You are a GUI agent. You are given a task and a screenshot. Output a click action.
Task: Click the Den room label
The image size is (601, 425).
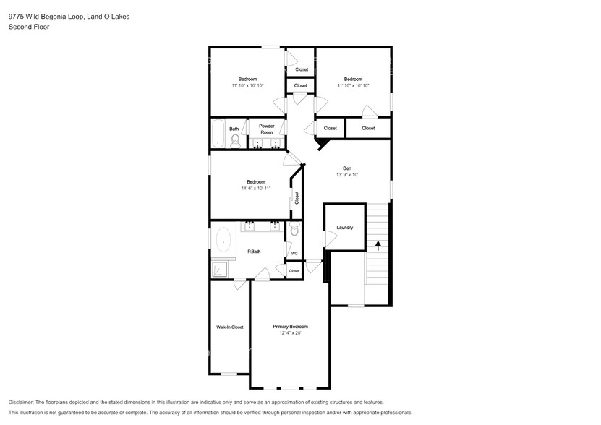(346, 168)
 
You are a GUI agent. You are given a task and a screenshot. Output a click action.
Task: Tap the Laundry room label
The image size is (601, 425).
(345, 228)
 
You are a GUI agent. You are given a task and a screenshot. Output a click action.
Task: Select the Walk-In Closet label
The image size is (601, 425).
(229, 327)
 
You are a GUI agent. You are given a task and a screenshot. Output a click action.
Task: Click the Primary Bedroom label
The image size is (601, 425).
(290, 327)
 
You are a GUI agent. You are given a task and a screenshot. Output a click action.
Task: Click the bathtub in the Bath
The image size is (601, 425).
(218, 134)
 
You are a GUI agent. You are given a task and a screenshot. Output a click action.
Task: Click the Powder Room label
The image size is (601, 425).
(266, 129)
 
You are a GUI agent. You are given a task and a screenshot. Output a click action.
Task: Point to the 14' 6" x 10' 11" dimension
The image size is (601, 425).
(256, 189)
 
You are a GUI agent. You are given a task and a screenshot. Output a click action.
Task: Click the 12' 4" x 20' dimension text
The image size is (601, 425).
(290, 333)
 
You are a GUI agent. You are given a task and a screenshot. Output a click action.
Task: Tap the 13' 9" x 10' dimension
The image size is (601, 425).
(346, 175)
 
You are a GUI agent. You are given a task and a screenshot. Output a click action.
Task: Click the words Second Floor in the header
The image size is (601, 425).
(27, 27)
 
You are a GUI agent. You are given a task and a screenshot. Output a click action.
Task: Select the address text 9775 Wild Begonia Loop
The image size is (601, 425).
(45, 16)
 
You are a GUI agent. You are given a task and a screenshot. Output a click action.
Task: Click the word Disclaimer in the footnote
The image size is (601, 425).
(22, 402)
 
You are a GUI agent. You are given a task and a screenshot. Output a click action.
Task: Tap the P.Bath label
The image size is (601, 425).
(254, 252)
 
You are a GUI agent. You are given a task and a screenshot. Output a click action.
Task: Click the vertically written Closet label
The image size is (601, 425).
(297, 197)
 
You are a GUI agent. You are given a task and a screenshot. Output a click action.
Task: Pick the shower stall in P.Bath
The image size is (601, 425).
(219, 270)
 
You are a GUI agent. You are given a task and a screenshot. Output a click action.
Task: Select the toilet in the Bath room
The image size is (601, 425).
(235, 141)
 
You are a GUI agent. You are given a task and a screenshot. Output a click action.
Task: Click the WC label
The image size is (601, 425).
(294, 254)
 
